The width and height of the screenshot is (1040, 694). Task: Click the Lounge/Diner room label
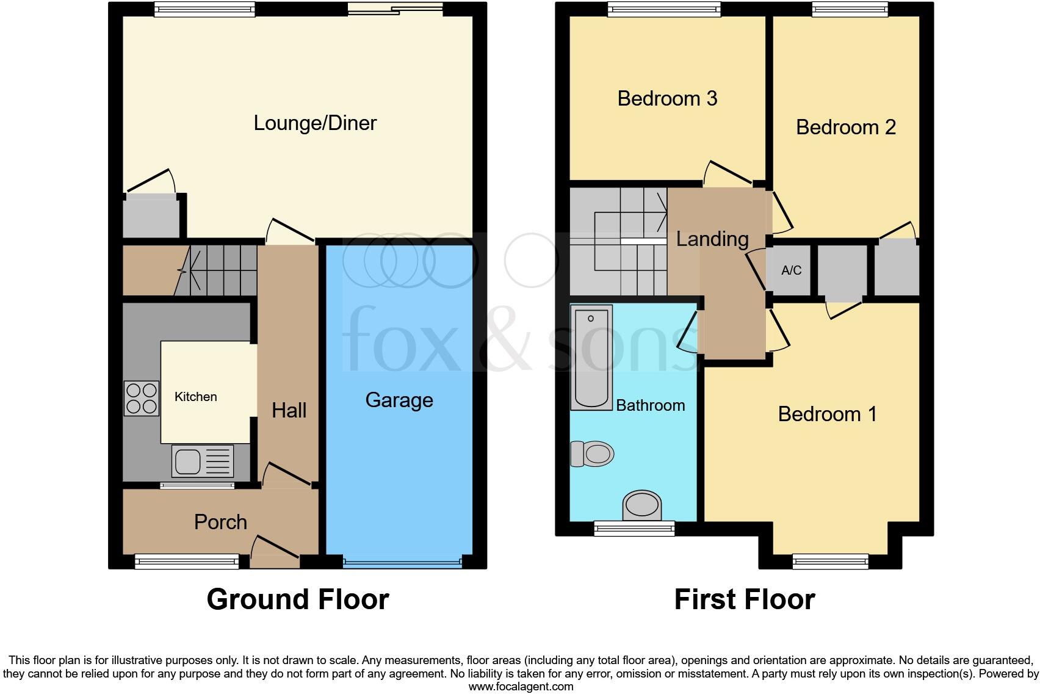pos(315,123)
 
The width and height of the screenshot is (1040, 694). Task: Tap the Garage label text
pos(399,400)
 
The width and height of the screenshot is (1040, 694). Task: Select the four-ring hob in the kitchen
pos(141,398)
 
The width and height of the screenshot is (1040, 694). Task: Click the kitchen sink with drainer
pos(203,460)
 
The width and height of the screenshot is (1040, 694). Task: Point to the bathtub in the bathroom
pos(591,358)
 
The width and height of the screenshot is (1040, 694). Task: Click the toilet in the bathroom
pos(592,454)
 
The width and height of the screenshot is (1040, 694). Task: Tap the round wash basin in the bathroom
pos(641,505)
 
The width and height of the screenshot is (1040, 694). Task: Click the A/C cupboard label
pos(791,270)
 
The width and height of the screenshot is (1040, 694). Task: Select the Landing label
pos(712,239)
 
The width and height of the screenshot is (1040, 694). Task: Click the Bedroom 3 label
pos(667,98)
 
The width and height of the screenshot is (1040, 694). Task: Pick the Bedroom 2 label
pos(845,127)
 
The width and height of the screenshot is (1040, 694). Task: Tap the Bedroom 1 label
pos(827,414)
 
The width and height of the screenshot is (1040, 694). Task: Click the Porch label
pos(220,522)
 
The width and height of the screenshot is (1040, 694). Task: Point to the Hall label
pos(289,410)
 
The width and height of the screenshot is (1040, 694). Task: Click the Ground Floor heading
pos(298,599)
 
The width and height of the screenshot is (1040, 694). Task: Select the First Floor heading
pos(744,599)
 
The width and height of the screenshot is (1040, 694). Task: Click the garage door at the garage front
pos(402,562)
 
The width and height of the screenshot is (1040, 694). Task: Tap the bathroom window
pos(634,528)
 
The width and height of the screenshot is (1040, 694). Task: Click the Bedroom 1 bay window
pos(830,561)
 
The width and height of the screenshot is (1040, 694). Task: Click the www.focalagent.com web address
pos(521,687)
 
